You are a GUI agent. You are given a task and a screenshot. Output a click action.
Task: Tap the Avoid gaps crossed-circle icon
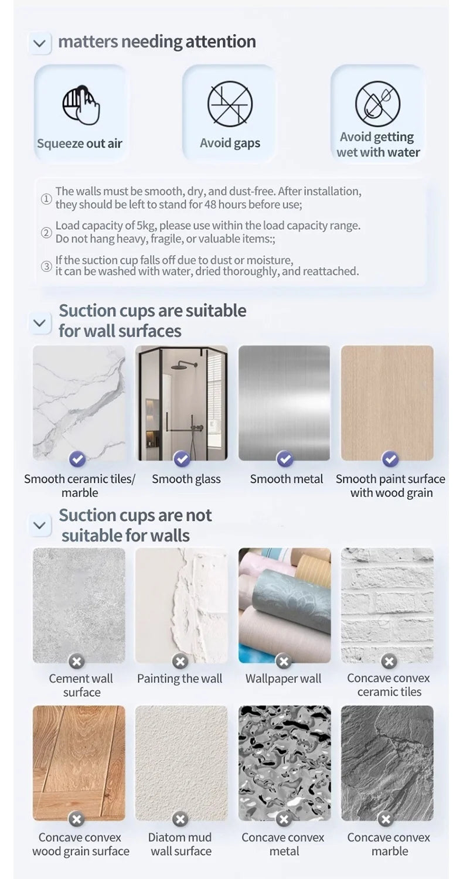click(x=230, y=103)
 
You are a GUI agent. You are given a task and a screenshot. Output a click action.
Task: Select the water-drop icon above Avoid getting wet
click(x=378, y=104)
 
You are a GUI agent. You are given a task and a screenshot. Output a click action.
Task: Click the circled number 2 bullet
click(x=46, y=233)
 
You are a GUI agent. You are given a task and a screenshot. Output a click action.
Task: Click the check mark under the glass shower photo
click(x=182, y=459)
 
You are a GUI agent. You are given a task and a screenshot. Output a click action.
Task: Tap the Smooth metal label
click(x=286, y=479)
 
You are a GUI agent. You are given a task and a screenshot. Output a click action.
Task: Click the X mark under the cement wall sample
click(x=76, y=662)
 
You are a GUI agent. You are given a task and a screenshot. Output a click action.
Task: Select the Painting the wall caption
click(x=179, y=679)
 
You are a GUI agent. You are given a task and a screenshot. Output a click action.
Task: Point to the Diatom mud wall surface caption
click(x=181, y=844)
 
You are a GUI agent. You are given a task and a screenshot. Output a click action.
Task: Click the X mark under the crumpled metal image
click(x=284, y=819)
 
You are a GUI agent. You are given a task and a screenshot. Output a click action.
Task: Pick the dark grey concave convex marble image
click(x=387, y=762)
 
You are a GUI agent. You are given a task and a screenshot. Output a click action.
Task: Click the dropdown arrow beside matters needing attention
click(x=39, y=43)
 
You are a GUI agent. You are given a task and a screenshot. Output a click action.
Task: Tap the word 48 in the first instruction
click(x=210, y=205)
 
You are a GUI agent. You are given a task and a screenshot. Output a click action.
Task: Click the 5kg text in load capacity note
click(x=146, y=226)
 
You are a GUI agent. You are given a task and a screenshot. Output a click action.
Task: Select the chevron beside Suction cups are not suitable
click(x=39, y=525)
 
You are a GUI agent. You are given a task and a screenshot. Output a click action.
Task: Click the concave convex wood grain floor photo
click(x=79, y=762)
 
